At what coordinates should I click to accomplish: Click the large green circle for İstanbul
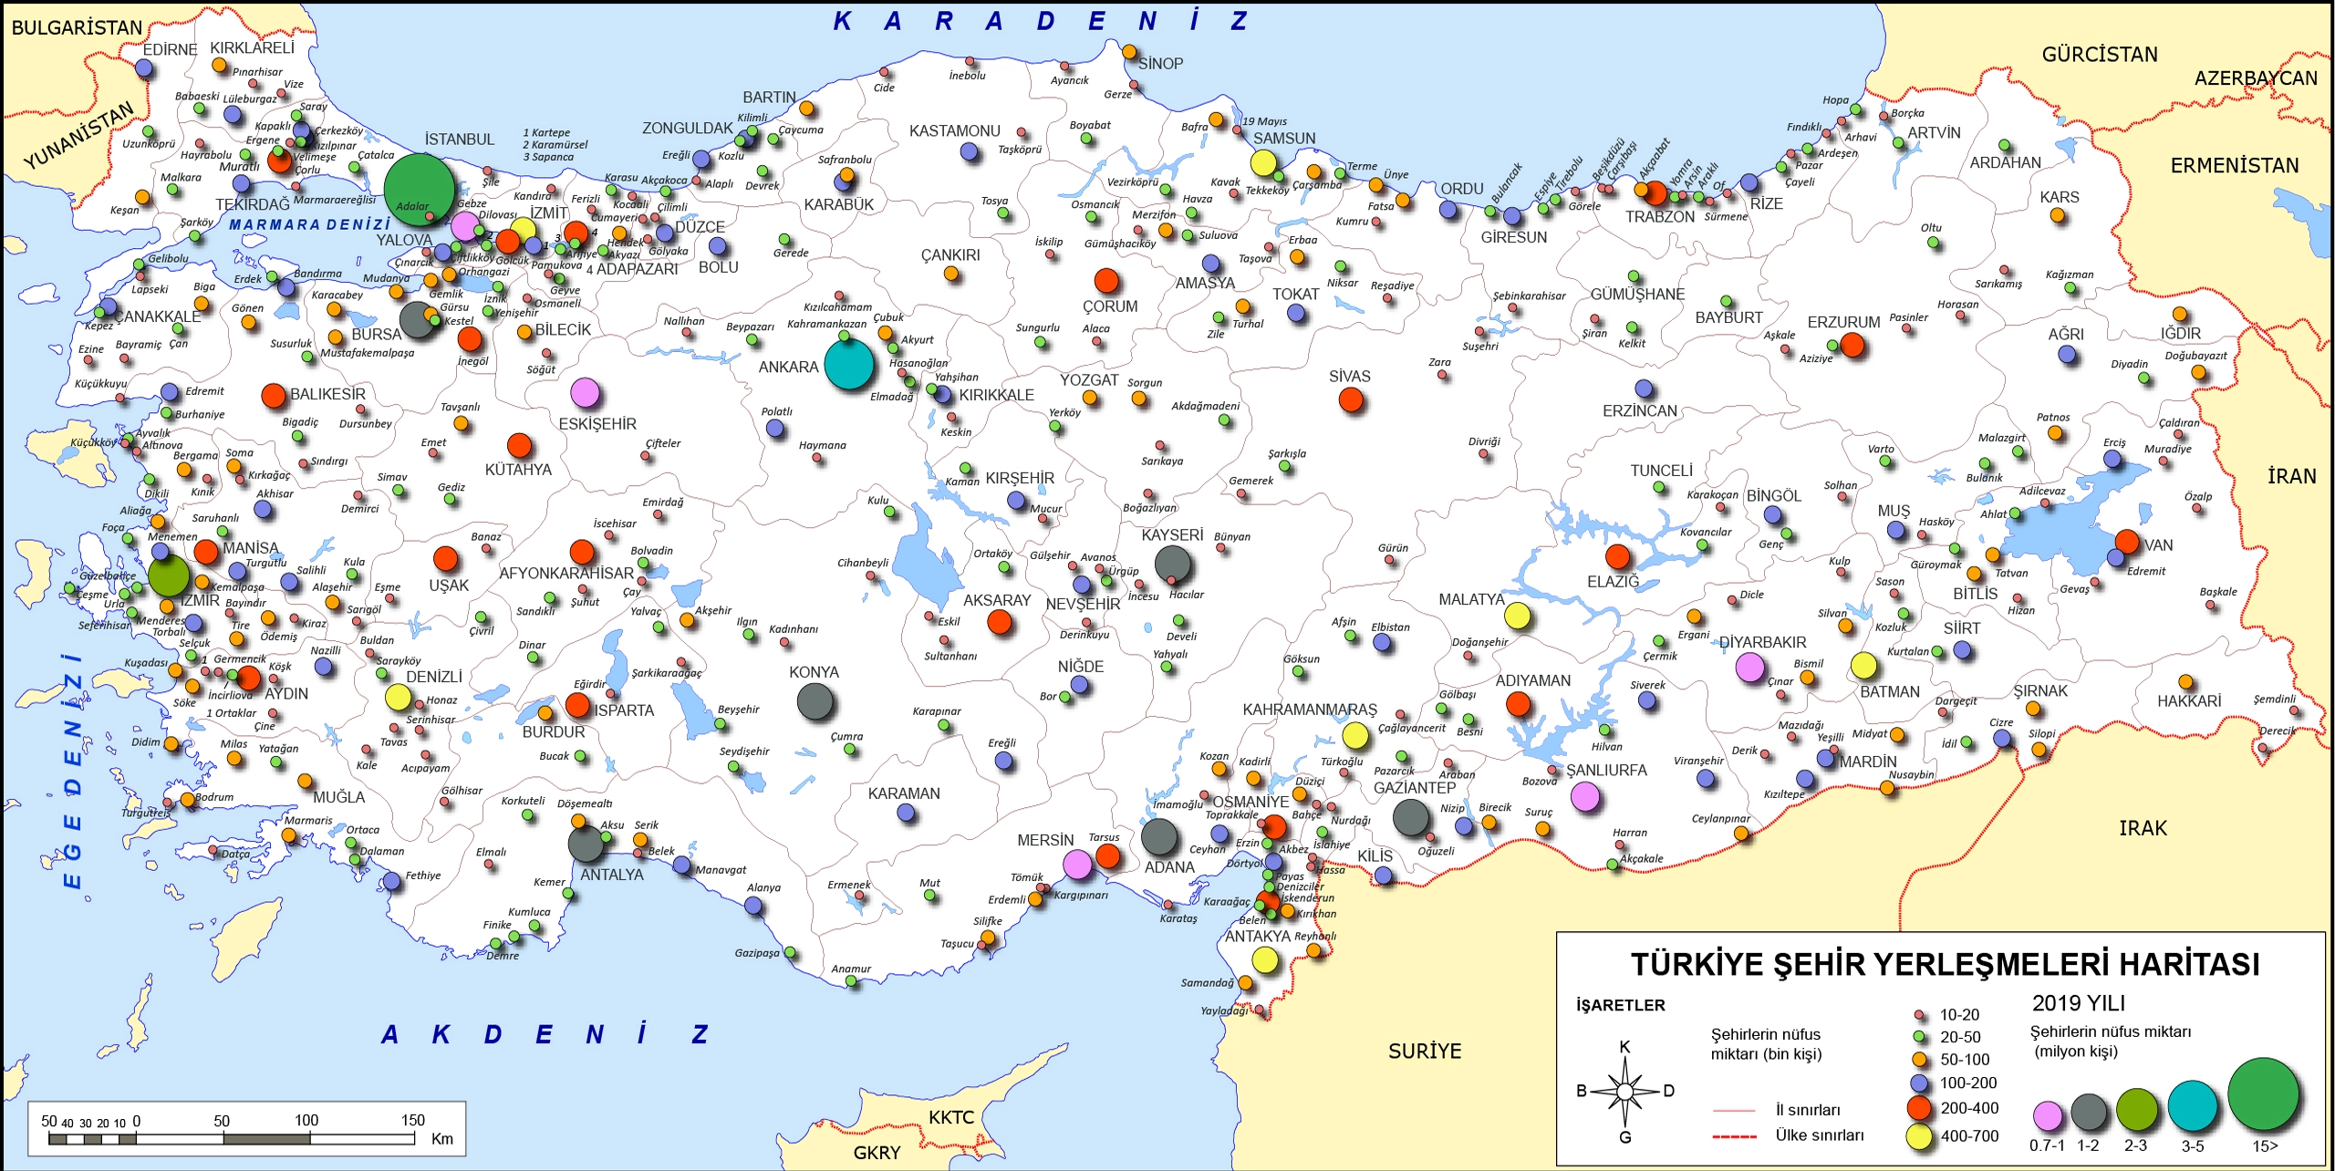[419, 189]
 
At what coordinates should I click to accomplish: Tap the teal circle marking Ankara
[849, 364]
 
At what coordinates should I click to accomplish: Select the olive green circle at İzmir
[169, 576]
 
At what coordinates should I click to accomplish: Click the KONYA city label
[814, 672]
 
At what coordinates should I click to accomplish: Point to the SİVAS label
[1349, 377]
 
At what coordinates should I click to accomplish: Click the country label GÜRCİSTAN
[2099, 55]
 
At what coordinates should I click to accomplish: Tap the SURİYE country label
[1425, 1052]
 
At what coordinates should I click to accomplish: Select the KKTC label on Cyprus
[951, 1117]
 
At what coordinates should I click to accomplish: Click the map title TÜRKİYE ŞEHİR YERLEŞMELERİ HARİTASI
[1945, 965]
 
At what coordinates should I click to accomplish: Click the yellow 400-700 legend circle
[1920, 1136]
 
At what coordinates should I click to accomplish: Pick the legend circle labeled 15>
[2264, 1094]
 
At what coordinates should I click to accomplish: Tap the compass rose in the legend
[1625, 1092]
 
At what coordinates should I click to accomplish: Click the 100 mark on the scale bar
[306, 1121]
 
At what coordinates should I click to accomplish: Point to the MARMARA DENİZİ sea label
[309, 224]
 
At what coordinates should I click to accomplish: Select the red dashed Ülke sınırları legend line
[1734, 1136]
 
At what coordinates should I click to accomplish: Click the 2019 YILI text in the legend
[2079, 1003]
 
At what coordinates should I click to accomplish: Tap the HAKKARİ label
[2188, 701]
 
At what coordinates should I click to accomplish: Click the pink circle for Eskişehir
[586, 393]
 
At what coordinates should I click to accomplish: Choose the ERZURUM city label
[1843, 323]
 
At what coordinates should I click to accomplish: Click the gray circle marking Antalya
[586, 844]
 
